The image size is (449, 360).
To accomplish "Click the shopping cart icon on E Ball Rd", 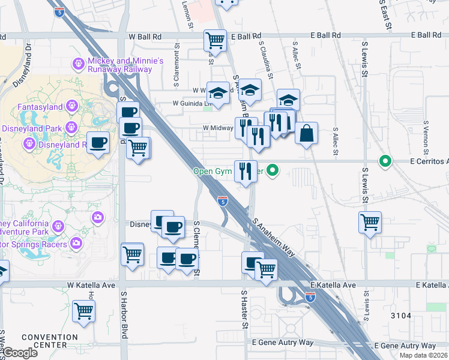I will click(x=215, y=41).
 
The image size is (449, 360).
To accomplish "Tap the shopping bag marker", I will click(x=306, y=133).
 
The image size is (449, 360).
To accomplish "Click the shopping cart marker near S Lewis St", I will click(x=370, y=222).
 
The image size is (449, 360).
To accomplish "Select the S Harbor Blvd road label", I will click(x=124, y=316).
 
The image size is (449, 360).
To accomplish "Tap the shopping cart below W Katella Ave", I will click(x=84, y=311).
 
